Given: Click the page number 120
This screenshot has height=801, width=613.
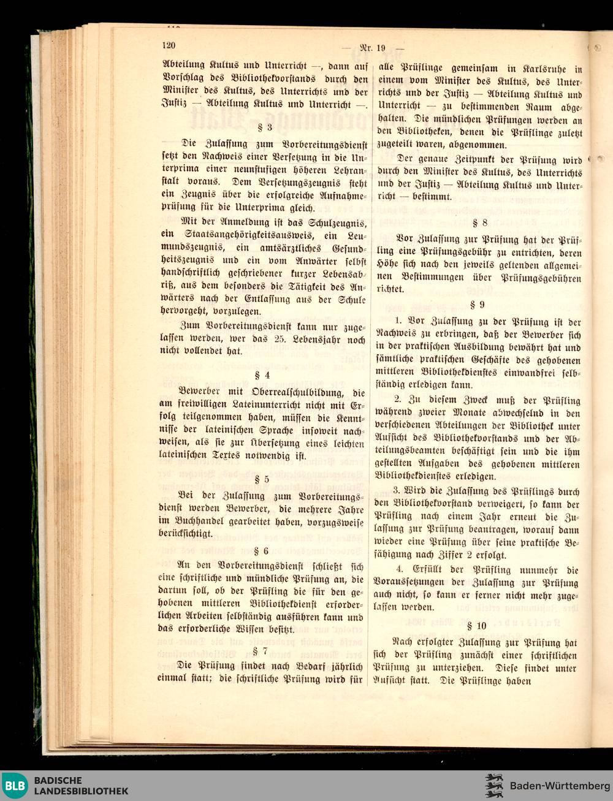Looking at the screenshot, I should [x=169, y=45].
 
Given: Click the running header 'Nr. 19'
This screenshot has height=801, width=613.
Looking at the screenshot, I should [x=372, y=48].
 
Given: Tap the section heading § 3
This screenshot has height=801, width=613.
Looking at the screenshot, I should [x=265, y=128].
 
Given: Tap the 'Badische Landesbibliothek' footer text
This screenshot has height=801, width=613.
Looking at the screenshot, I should [x=81, y=786].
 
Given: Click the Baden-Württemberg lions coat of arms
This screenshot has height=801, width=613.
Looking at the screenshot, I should [x=493, y=786].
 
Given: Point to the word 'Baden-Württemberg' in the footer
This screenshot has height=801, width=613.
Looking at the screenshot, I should [x=560, y=786].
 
